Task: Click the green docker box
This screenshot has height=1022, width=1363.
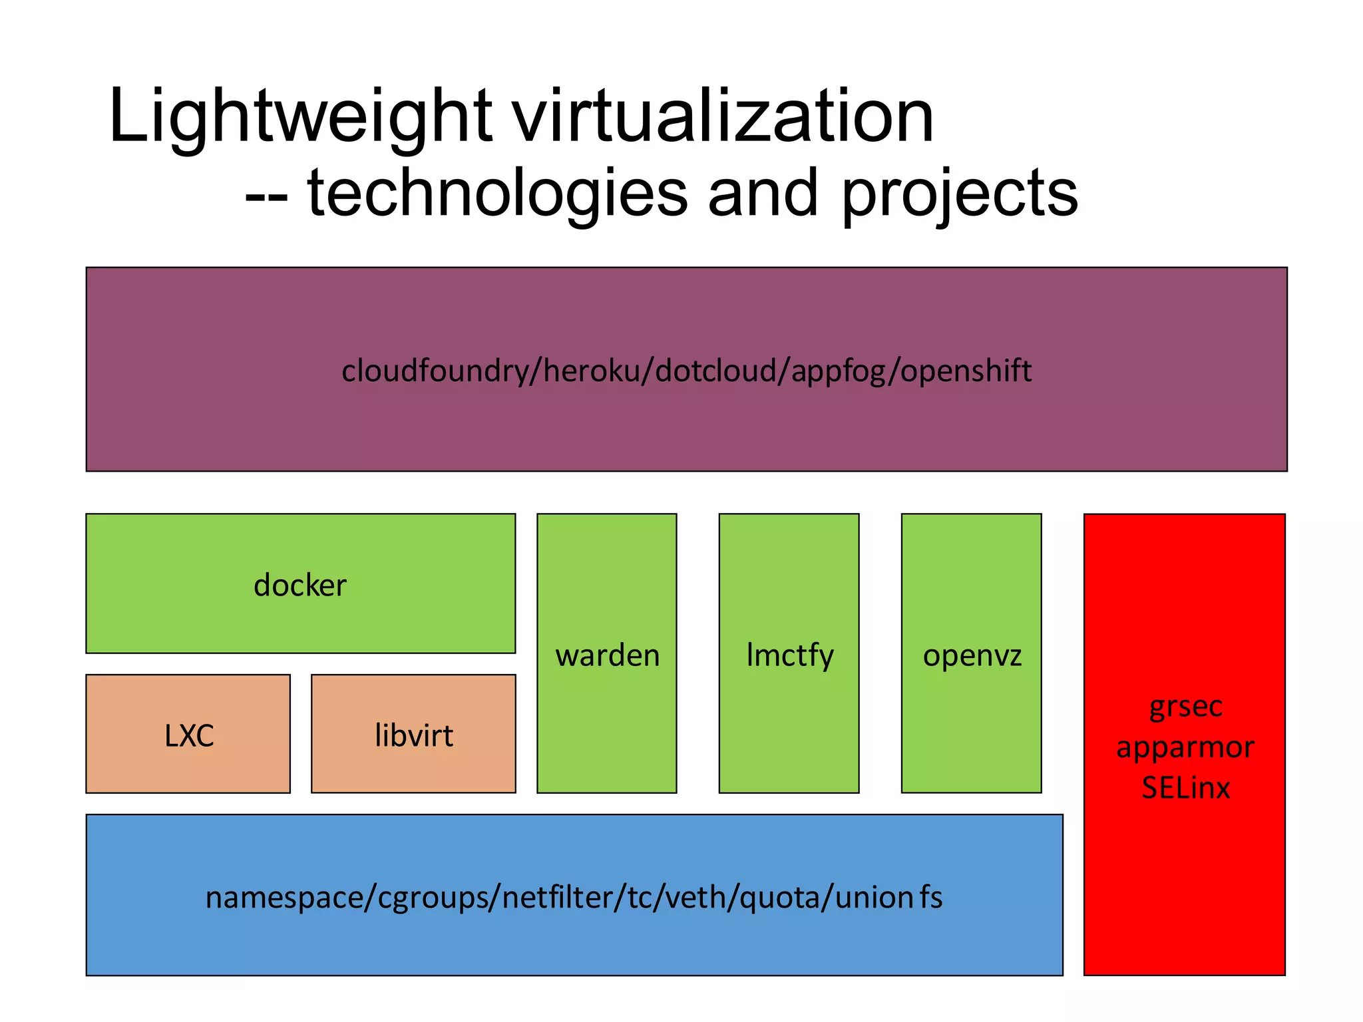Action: (300, 584)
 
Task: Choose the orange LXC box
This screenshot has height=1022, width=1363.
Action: (188, 735)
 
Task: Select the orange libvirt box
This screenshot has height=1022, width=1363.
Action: (413, 735)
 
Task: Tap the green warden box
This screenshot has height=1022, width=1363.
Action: (607, 654)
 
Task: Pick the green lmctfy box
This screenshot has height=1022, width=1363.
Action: (789, 654)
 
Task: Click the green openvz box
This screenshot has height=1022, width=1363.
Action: (972, 654)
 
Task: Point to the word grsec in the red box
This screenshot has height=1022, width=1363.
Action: (1185, 707)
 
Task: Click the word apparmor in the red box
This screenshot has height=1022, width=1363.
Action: (1185, 747)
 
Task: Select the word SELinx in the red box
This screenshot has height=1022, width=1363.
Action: (1185, 788)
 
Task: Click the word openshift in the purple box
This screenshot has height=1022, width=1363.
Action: (966, 371)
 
